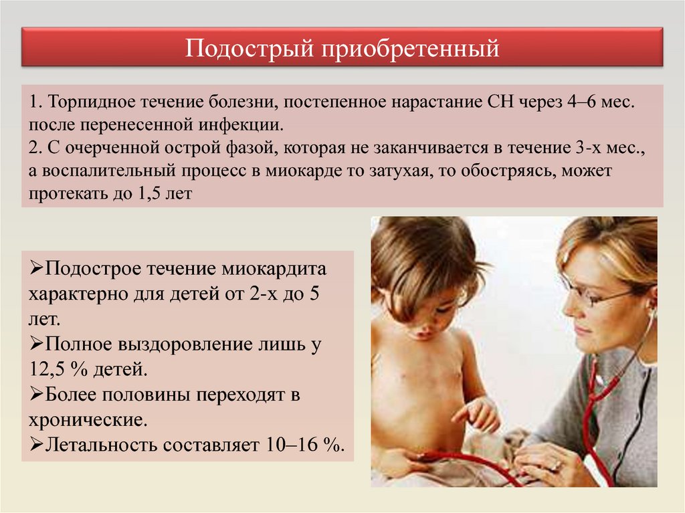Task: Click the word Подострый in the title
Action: pos(250,49)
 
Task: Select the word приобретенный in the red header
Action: pos(411,49)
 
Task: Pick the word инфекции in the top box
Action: pos(241,126)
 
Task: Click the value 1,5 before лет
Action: pos(149,193)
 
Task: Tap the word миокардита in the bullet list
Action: pos(274,268)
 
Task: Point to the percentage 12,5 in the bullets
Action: pos(47,369)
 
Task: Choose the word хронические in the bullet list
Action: pos(88,420)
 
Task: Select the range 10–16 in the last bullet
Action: pos(291,445)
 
